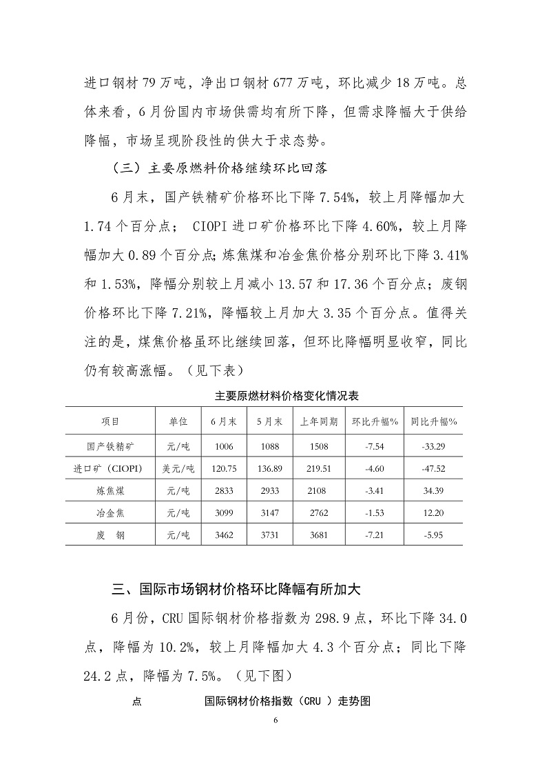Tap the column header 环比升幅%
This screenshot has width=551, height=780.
376,421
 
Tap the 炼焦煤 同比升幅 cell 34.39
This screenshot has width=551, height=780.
434,490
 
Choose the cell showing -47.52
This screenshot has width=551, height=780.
434,468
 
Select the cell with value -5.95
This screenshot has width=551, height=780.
434,534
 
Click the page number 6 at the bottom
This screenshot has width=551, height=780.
275,721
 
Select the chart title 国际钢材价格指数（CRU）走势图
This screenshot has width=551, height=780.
288,703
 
